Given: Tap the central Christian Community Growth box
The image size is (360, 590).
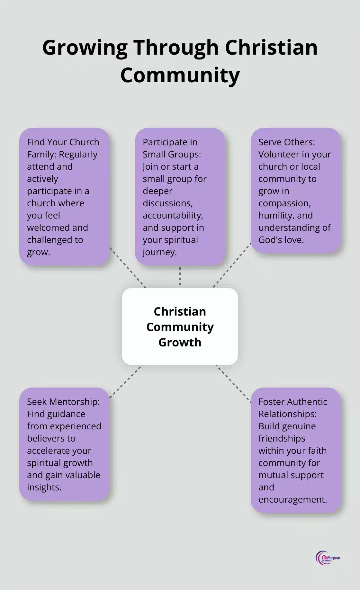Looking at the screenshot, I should pos(180,326).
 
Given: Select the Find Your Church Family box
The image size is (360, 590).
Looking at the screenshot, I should pos(64,197).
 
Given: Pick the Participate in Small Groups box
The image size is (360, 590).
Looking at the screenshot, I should pos(180,197).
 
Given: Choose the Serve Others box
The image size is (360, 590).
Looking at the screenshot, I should pos(295,191).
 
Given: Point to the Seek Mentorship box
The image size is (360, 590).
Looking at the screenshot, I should pos(64,444).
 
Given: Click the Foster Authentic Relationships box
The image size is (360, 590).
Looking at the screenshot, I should pos(295,450).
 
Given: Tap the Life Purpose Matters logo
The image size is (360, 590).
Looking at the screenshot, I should pos(328,558).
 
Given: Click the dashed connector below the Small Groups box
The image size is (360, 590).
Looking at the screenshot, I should pos(180,276).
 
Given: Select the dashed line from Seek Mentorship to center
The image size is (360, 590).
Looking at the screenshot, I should pos(125,381).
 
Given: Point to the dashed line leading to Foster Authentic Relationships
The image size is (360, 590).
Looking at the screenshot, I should pos(233,383).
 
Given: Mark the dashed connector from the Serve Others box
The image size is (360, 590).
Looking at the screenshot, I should pos(232,265).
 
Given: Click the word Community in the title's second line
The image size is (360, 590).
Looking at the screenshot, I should pos(180,76).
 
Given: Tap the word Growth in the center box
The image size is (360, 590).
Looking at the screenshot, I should pos(180,342).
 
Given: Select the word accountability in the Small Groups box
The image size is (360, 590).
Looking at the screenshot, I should pos(173,215).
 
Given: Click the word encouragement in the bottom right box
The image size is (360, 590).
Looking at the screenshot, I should pos(292,499).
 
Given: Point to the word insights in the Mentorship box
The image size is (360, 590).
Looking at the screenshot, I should pos(44,487).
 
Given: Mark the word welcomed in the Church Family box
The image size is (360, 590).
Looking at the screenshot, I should pos(49,228).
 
